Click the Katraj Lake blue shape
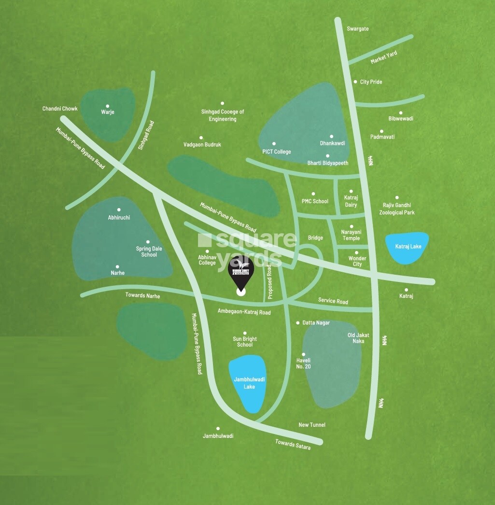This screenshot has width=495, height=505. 408,248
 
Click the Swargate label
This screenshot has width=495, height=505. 357,29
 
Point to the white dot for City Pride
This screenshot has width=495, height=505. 355,82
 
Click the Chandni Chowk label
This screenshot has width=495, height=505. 60,109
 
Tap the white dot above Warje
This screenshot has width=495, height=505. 107,106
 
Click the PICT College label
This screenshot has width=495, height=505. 277,152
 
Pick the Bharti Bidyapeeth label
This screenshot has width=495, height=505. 328,163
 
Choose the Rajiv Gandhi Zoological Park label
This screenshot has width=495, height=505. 397,209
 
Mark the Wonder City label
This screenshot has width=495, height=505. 357,261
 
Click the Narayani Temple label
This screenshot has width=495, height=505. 351,235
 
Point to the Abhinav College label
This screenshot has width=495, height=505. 207,260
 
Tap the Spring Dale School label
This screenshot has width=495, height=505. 149,252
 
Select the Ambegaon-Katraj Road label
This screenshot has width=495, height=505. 244,312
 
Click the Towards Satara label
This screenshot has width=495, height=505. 293,444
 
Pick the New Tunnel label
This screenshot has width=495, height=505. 312,425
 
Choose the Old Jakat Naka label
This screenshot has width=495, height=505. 355,338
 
